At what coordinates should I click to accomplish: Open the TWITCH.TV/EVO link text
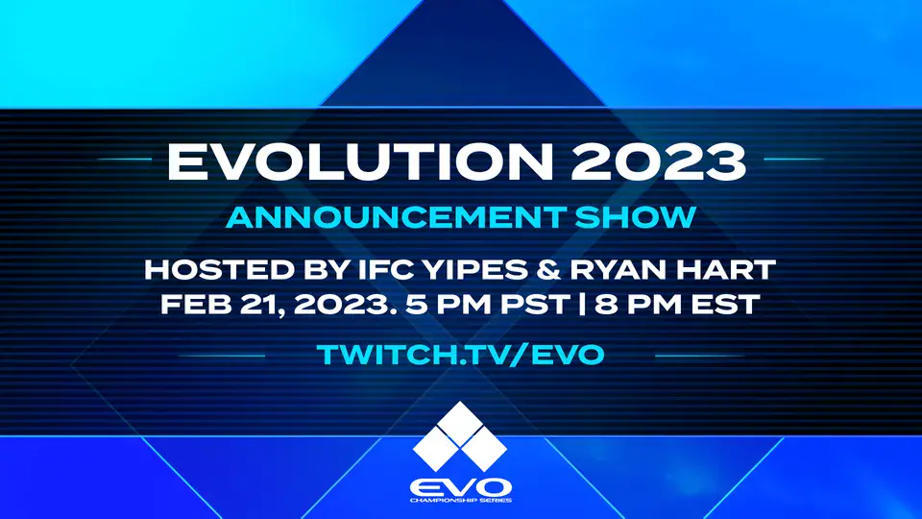(x=461, y=354)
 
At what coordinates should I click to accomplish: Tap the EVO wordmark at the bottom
(x=461, y=483)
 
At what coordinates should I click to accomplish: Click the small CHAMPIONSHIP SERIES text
(x=461, y=501)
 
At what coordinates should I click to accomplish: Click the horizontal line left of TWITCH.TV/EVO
(x=222, y=355)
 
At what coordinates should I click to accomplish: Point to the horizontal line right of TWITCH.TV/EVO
(x=698, y=355)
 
